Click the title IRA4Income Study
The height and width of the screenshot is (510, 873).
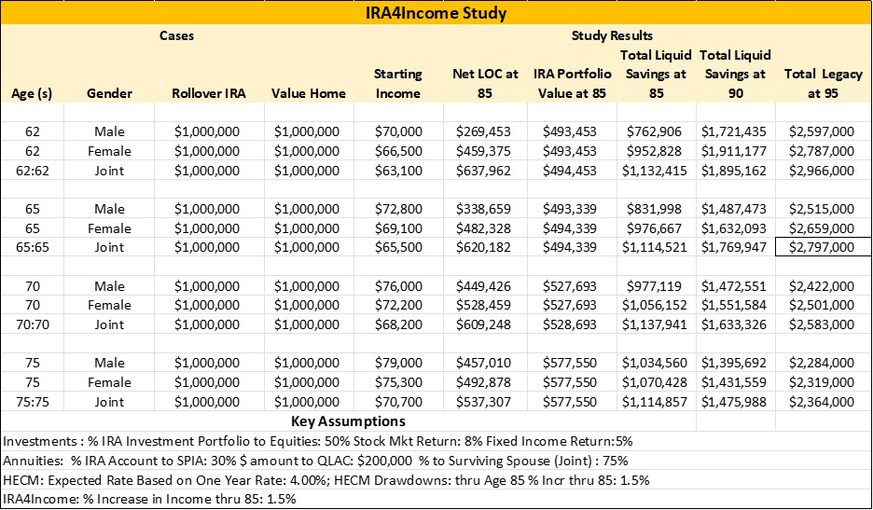(x=436, y=14)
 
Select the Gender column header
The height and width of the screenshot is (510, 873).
(x=109, y=93)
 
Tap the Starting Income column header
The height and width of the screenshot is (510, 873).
(x=398, y=83)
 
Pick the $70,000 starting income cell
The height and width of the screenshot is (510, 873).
(x=398, y=131)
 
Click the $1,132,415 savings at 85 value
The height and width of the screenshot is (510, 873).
(x=652, y=171)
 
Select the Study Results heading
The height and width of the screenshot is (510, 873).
(x=612, y=35)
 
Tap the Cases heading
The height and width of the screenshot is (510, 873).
(x=176, y=35)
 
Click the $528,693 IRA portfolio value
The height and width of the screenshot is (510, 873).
(x=569, y=324)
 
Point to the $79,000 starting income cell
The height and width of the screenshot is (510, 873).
(x=398, y=364)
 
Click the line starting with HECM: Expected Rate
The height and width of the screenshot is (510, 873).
(x=326, y=480)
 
